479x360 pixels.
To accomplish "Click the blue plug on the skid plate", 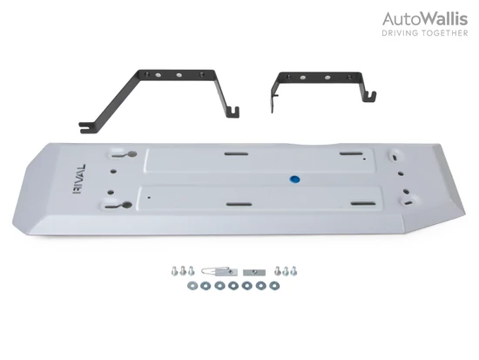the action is click(x=294, y=180).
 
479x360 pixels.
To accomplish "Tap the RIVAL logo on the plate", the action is click(x=79, y=180).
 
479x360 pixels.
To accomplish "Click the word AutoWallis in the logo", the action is click(x=425, y=19).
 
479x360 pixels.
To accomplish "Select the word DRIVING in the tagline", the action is click(x=400, y=33).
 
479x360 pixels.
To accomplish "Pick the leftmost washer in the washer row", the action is click(x=192, y=286).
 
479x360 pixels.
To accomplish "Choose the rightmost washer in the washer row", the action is click(x=274, y=286).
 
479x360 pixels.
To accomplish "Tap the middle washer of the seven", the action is click(x=233, y=286).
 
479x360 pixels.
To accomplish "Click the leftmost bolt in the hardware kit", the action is click(x=175, y=271).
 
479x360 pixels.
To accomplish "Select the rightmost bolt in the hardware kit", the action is click(x=293, y=271).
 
